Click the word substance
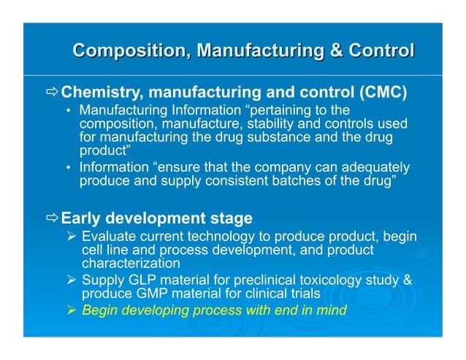point(294,137)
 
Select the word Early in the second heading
point(80,218)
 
